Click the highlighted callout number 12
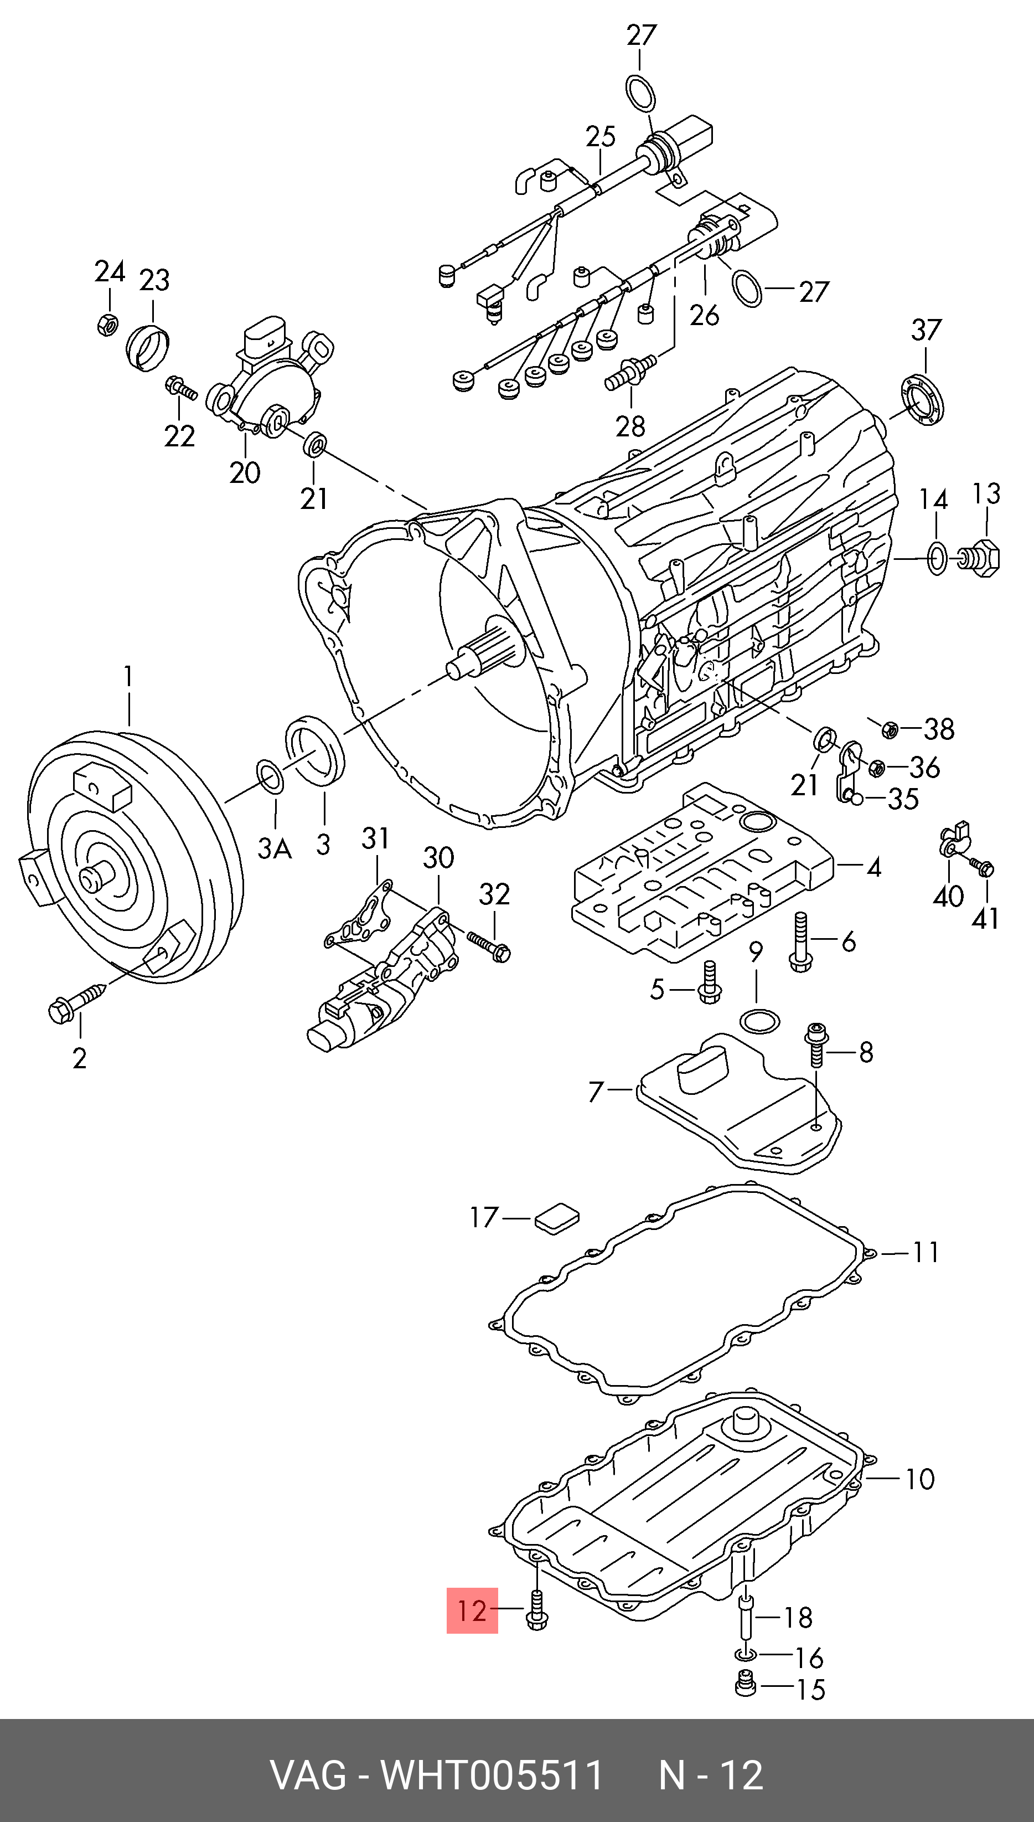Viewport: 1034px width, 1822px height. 472,1610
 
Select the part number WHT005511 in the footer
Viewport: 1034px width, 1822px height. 492,1776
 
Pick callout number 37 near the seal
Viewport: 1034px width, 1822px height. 926,330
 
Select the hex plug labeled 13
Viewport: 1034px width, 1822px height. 984,557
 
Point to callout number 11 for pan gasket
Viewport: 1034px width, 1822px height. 926,1252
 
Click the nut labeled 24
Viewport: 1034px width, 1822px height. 106,325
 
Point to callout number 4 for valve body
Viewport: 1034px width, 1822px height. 873,867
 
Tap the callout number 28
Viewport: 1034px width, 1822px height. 630,426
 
